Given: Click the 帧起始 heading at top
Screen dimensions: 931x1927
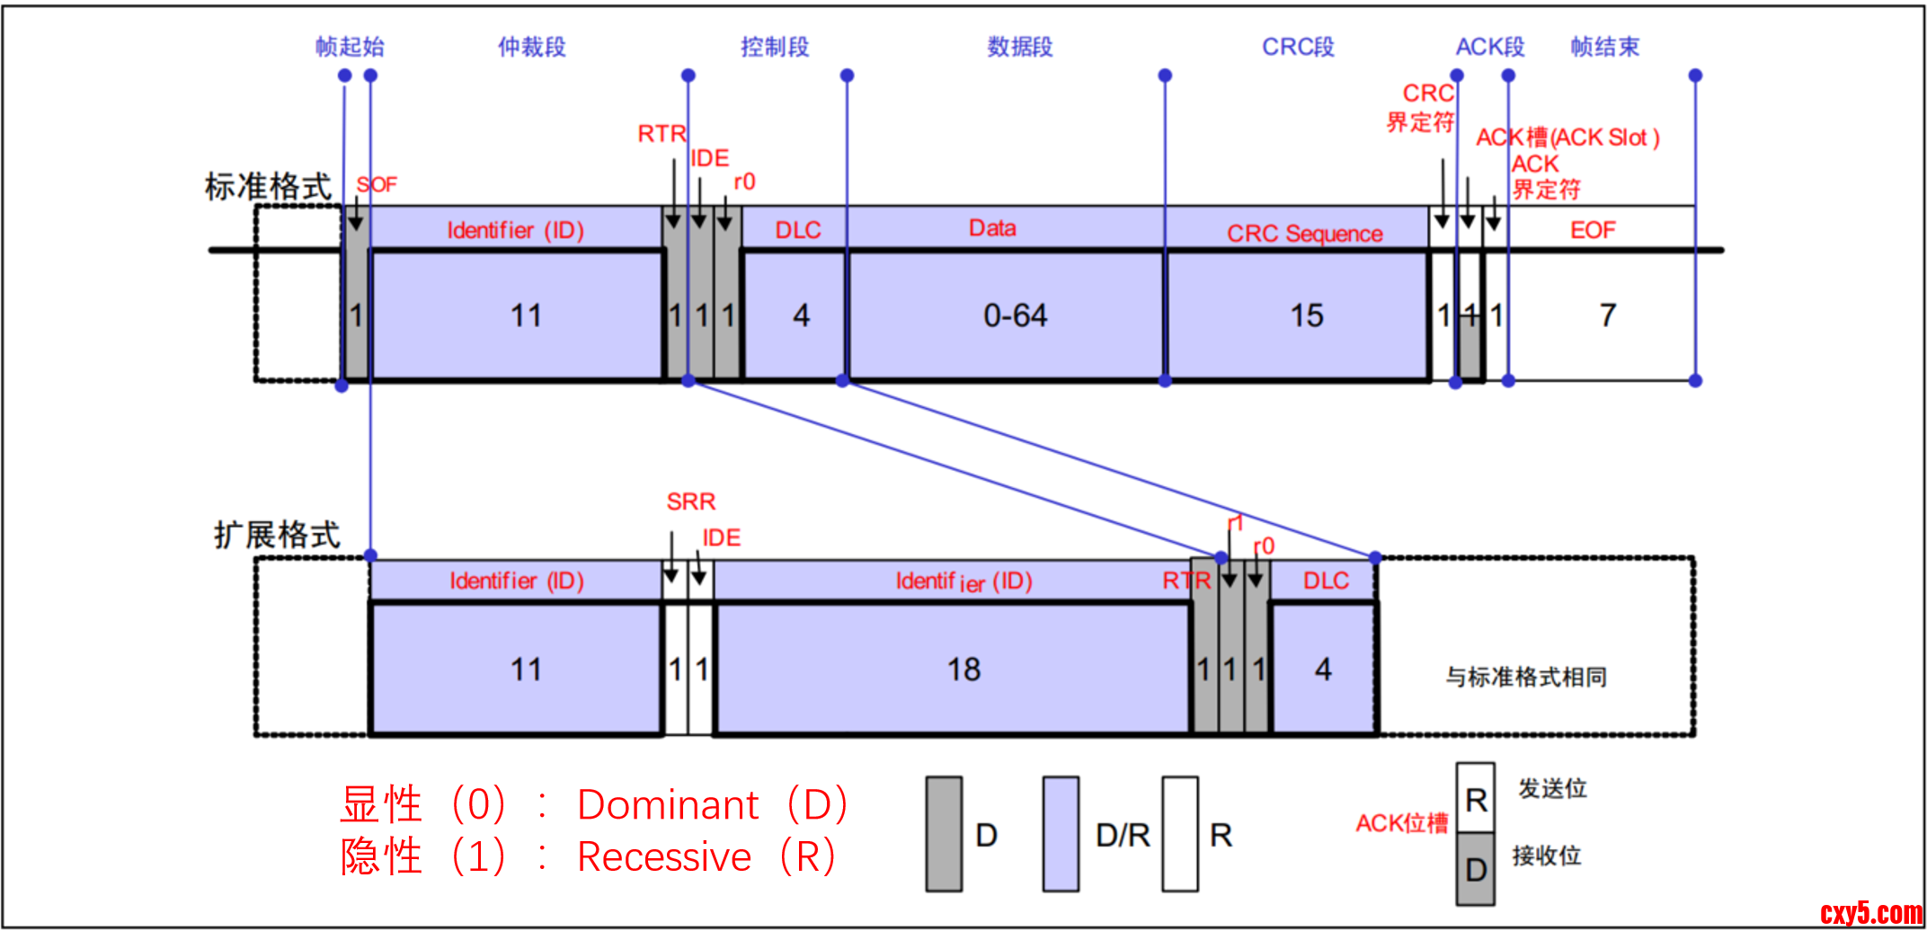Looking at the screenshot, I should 350,47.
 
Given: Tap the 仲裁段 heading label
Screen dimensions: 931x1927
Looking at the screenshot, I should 532,47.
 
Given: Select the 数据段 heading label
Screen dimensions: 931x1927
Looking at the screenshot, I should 1020,47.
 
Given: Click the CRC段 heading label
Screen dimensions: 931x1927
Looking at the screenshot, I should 1298,47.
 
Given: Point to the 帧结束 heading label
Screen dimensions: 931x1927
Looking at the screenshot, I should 1604,47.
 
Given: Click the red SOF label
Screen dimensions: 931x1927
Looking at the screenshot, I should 377,185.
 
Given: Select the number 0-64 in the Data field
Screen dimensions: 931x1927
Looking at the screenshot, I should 1015,315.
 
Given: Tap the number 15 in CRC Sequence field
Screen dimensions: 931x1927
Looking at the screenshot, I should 1306,315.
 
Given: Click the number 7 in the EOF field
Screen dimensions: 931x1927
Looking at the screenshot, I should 1608,315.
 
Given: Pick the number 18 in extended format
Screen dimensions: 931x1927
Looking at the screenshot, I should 963,669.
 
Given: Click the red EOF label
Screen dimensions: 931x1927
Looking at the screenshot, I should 1593,231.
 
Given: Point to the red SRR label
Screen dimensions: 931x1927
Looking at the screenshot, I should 690,501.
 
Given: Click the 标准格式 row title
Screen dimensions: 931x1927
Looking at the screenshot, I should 268,187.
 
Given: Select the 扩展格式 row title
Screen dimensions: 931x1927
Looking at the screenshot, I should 277,535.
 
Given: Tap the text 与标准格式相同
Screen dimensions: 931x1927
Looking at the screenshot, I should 1526,677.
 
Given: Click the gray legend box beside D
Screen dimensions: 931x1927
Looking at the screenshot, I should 944,834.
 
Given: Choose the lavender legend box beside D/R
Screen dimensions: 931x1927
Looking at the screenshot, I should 1061,834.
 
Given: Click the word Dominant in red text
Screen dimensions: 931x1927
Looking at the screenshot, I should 668,805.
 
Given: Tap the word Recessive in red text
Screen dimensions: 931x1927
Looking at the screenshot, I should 664,857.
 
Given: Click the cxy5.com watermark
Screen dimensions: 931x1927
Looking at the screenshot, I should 1870,913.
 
